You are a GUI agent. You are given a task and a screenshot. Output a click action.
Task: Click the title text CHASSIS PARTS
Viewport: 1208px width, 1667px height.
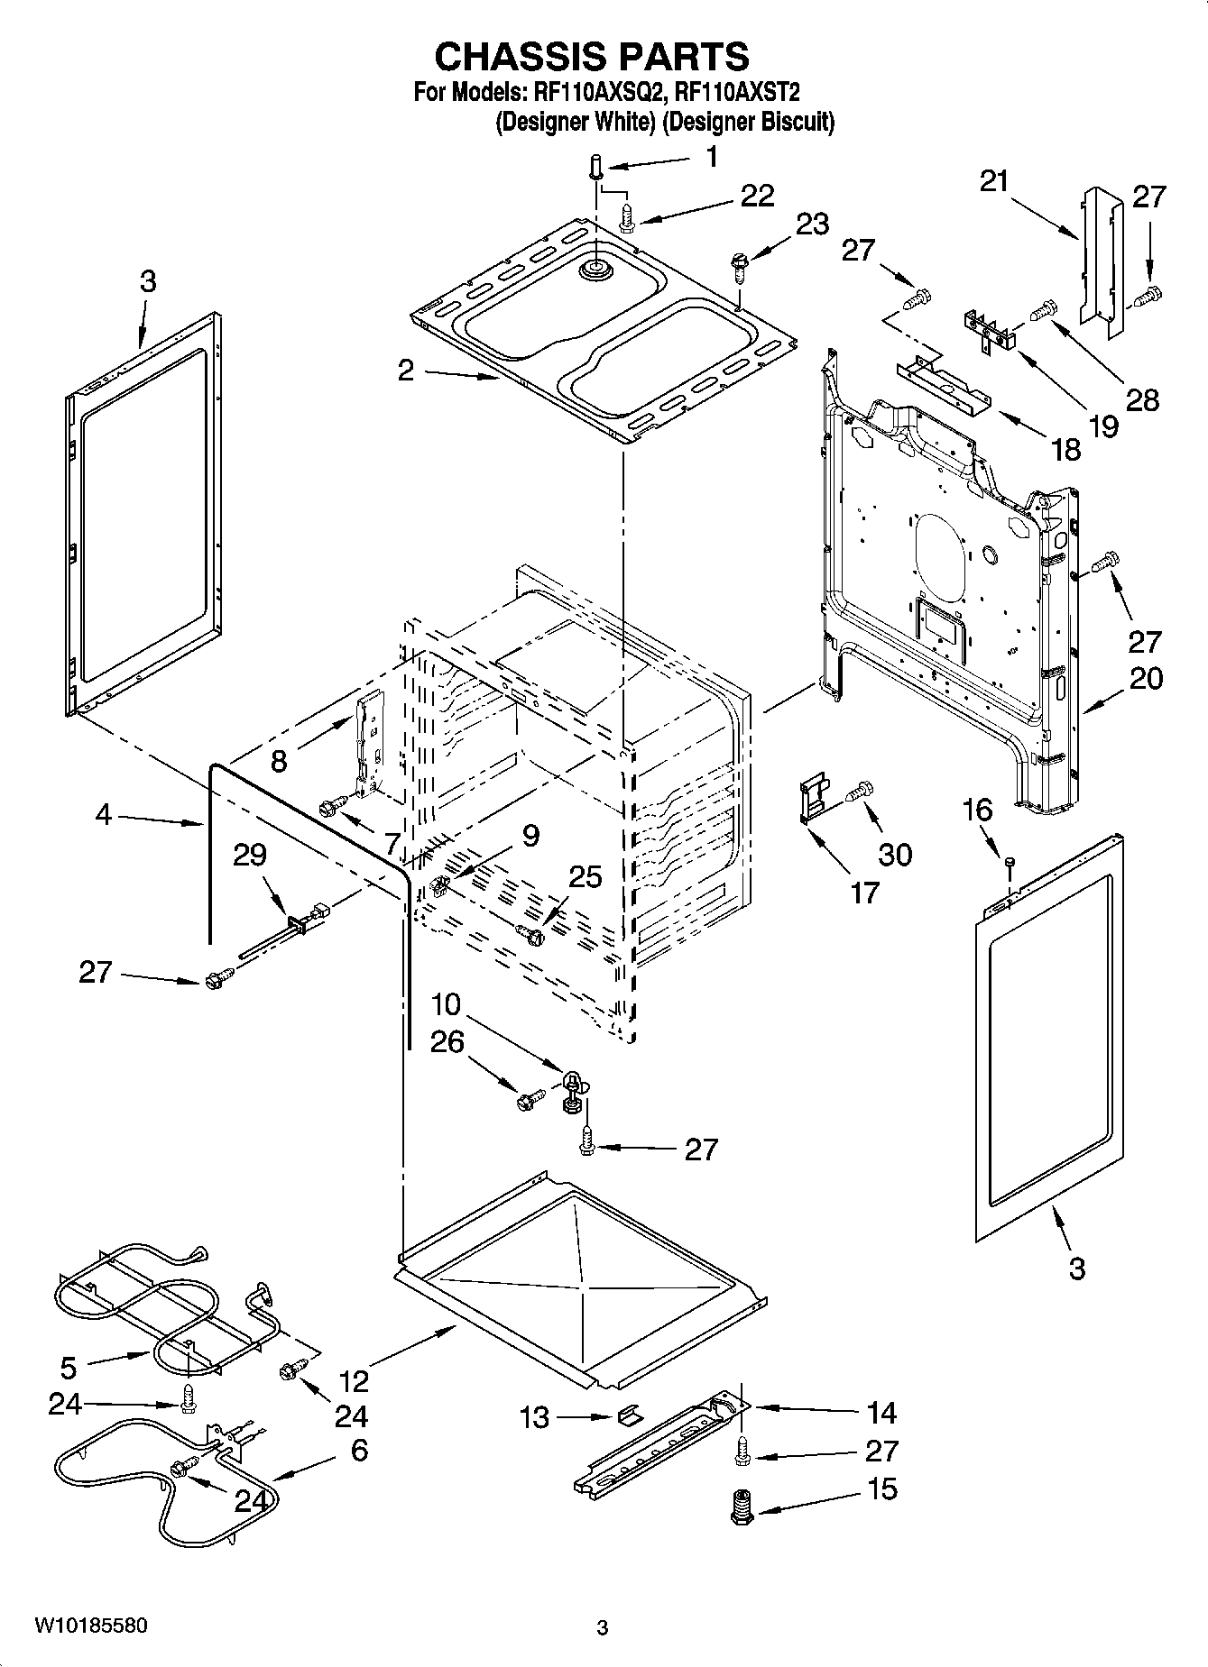592,57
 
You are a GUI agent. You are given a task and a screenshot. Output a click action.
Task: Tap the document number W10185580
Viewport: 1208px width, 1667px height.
91,1626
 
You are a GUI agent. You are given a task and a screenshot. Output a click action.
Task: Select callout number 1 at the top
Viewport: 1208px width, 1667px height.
712,156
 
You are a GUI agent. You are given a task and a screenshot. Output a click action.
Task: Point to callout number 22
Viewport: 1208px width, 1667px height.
757,196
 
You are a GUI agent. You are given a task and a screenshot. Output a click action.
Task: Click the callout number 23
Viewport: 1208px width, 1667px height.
812,224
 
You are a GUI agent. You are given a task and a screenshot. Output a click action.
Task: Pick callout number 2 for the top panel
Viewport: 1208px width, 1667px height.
406,370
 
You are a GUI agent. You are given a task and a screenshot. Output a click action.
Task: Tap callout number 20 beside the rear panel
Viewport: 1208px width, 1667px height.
1146,678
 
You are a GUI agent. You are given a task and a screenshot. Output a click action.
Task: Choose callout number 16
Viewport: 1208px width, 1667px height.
980,810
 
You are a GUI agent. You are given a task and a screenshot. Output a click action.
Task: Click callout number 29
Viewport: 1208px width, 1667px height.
249,854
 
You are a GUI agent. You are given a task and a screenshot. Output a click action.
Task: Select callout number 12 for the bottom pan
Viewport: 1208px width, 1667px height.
354,1381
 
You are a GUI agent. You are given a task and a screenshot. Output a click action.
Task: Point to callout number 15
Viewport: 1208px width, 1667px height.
881,1489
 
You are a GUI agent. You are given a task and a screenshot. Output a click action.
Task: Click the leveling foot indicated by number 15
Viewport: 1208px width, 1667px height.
742,1507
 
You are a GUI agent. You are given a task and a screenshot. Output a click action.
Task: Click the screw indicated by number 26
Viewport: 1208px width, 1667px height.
529,1099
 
